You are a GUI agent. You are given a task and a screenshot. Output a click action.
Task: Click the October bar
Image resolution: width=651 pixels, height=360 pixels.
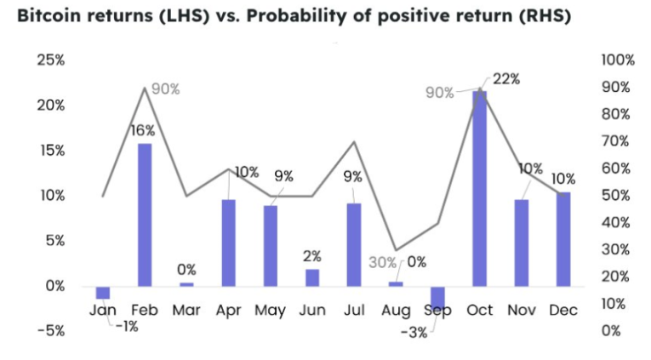tap(479, 187)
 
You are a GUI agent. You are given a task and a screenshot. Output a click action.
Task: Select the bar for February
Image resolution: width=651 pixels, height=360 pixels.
tap(145, 214)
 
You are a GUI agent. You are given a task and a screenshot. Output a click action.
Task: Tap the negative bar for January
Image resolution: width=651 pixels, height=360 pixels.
tap(103, 292)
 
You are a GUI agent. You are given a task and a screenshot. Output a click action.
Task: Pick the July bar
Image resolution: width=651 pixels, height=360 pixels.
tap(354, 244)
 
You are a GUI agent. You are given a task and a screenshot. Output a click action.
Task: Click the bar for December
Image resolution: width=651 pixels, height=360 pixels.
tap(562, 239)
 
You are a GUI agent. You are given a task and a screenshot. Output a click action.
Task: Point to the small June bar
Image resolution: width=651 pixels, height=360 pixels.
tap(312, 277)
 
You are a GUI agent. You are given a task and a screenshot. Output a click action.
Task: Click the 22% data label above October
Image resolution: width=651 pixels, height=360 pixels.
tap(506, 79)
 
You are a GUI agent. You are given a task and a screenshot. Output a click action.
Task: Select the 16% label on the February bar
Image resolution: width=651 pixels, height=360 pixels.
tap(142, 130)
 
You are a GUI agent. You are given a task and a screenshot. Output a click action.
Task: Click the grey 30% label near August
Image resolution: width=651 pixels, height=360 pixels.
tap(382, 263)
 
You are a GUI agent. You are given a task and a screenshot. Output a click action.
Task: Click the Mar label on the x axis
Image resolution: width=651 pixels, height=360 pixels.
tap(186, 311)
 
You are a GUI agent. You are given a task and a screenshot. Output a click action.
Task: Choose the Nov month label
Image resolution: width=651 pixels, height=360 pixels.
tap(521, 311)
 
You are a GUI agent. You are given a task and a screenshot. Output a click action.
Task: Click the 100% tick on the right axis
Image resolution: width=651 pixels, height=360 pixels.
tap(618, 60)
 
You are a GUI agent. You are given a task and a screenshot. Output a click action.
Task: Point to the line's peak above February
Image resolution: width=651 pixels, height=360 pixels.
tap(145, 87)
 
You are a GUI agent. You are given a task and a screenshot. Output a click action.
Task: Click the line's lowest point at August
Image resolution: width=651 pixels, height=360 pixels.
tap(396, 249)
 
